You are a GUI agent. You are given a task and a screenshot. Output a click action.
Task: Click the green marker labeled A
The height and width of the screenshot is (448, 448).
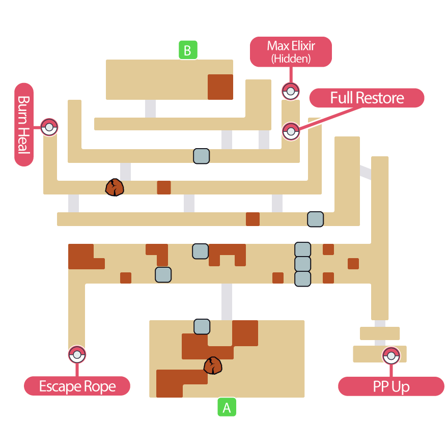[x=227, y=407]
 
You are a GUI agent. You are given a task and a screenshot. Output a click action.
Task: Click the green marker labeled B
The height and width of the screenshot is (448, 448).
[x=188, y=50]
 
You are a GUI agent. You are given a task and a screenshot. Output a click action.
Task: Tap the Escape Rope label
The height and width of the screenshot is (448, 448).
[x=77, y=386]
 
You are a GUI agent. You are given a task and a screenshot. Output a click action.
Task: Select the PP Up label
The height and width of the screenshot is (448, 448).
[x=391, y=386]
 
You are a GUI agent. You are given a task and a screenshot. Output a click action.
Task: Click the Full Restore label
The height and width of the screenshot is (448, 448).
[x=367, y=98]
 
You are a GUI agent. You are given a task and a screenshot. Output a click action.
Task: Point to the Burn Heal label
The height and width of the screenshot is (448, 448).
[x=24, y=125]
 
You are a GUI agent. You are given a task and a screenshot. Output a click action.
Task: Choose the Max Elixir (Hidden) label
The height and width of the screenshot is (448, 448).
[x=291, y=52]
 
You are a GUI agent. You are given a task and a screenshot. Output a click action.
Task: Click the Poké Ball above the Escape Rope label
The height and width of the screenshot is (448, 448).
[x=77, y=354]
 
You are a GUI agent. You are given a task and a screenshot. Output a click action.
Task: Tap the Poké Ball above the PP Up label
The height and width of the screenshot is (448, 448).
[x=391, y=355]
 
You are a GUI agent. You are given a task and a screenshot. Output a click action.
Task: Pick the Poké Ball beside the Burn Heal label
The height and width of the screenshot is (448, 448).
[x=49, y=127]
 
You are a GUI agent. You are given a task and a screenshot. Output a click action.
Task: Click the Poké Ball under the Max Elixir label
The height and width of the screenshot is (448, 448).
[x=290, y=92]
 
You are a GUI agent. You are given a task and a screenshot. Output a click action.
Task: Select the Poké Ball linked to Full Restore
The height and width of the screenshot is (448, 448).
[x=291, y=131]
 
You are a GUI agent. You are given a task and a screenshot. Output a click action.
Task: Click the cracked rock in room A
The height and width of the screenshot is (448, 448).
[x=213, y=366]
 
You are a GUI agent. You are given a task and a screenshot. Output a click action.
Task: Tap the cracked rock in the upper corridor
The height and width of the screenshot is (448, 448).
[x=115, y=187]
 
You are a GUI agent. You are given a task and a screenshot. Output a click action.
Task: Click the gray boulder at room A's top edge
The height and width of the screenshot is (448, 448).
[x=202, y=327]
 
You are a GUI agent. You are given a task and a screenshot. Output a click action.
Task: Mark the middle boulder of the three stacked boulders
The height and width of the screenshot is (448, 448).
[x=302, y=264]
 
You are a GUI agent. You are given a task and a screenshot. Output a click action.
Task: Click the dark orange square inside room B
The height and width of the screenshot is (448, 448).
[x=220, y=87]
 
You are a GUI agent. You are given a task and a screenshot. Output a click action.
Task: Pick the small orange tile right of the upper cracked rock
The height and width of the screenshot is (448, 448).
[x=163, y=187]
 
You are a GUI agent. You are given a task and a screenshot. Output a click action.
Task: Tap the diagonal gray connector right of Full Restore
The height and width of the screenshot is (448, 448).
[x=366, y=172]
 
